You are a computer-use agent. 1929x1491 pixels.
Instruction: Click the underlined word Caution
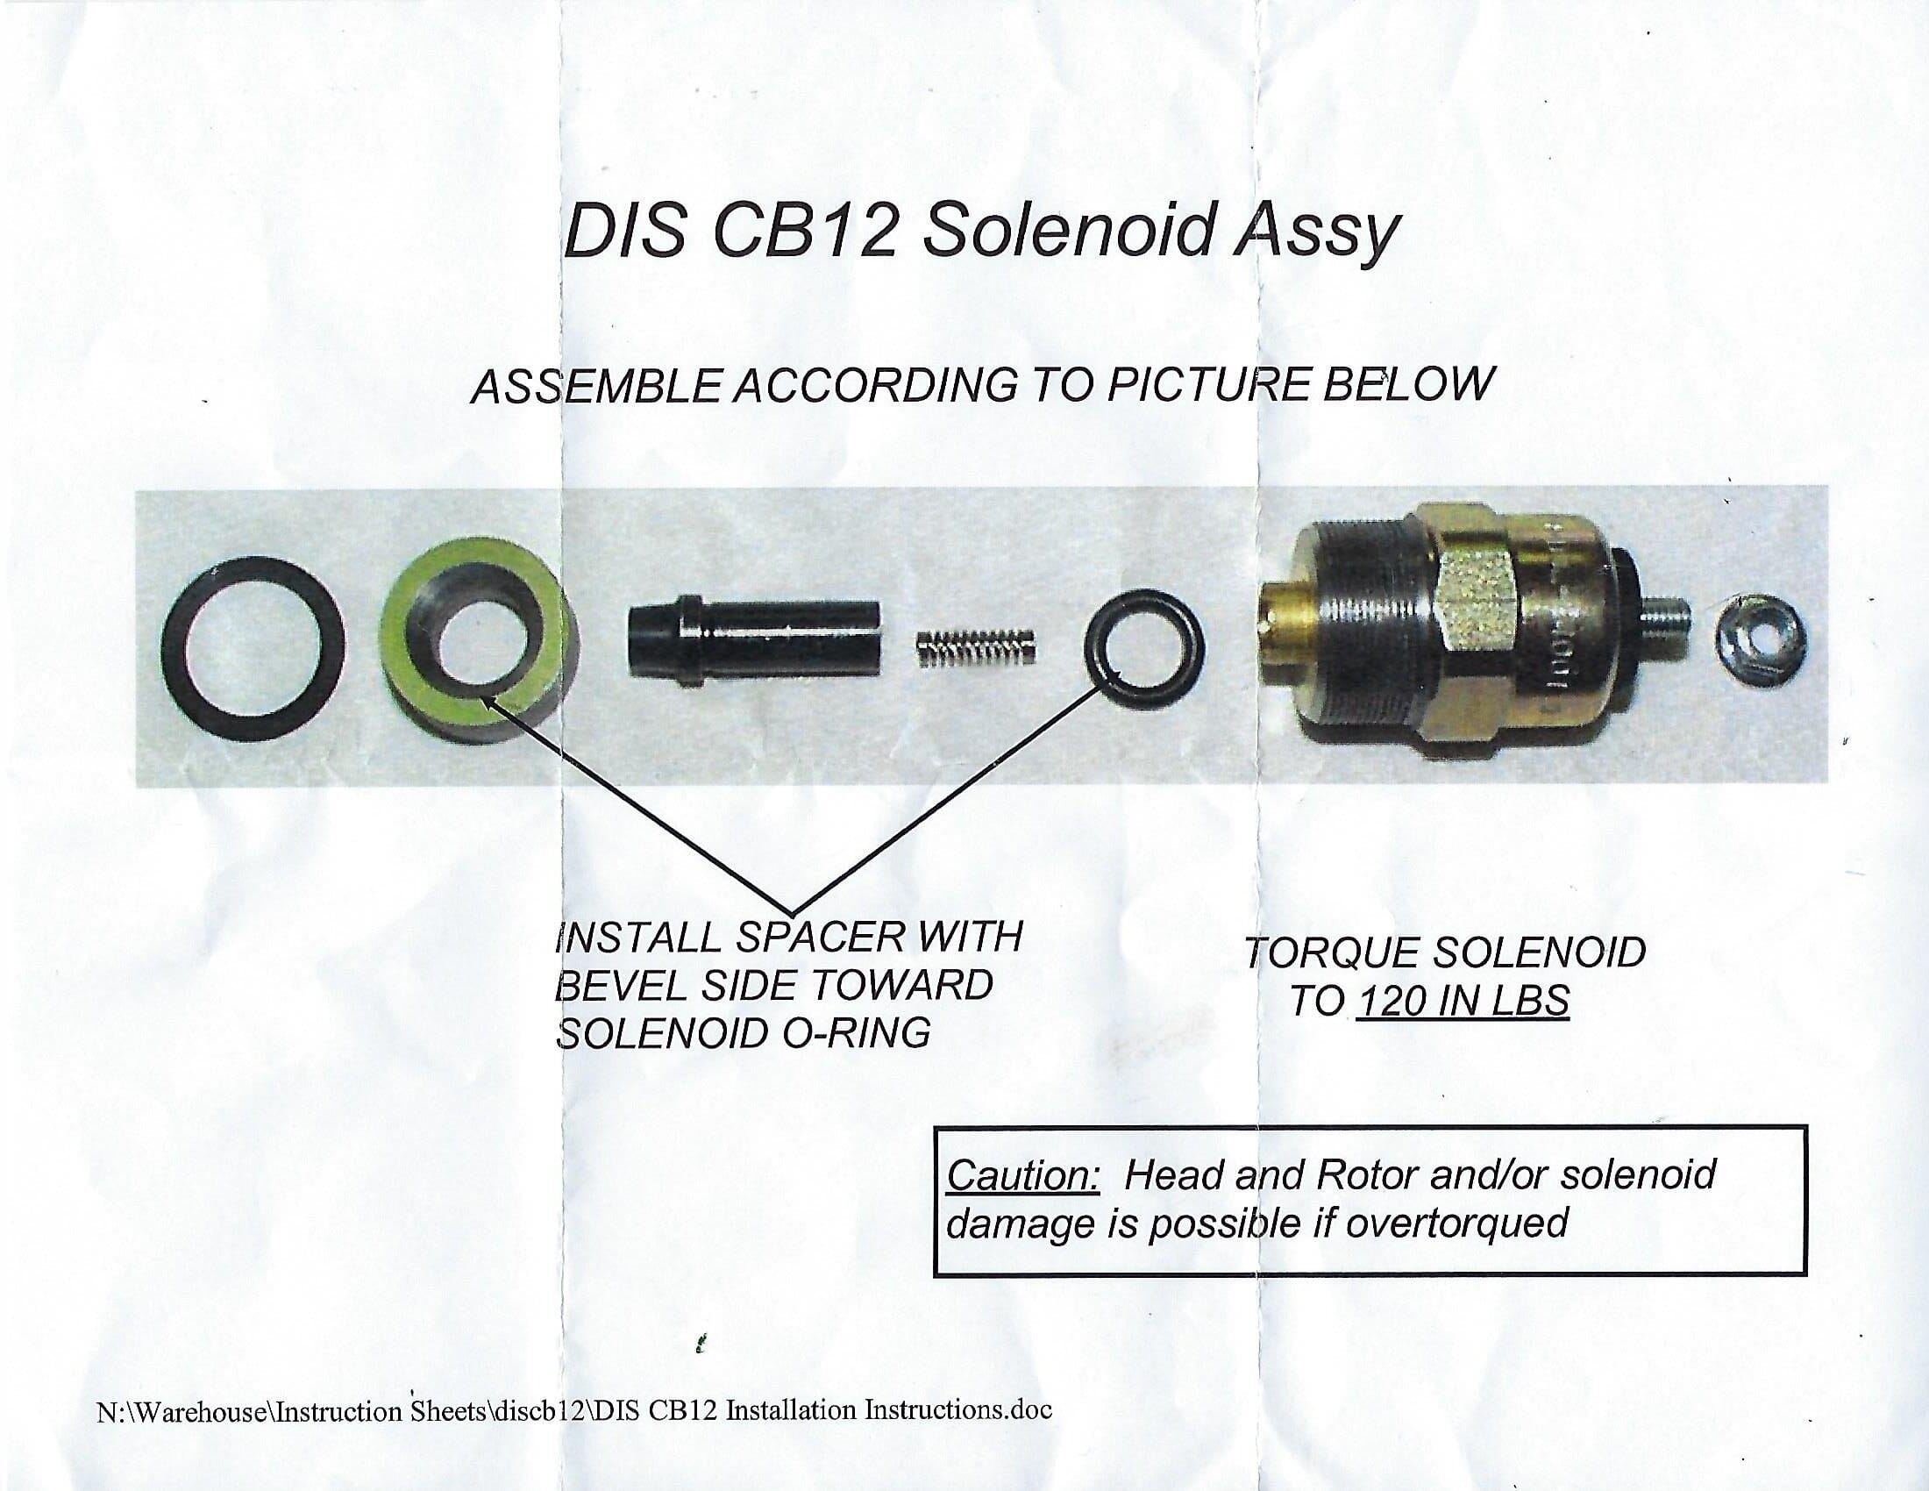pyautogui.click(x=1022, y=1174)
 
